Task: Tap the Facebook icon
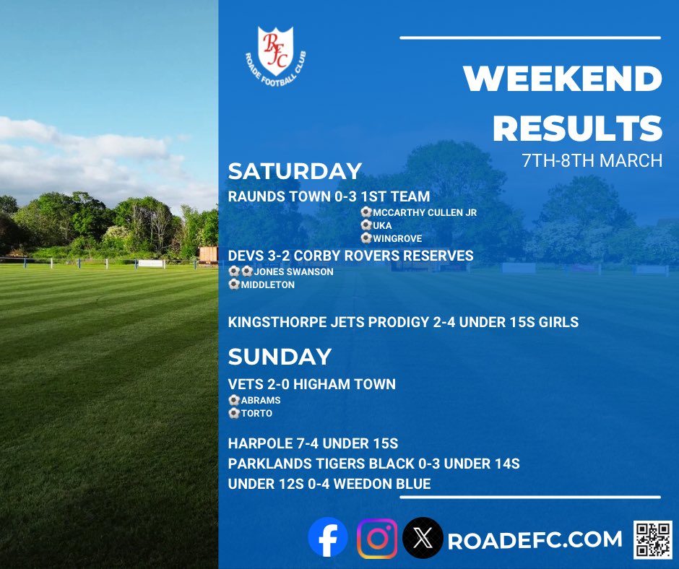point(327,539)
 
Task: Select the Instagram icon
point(377,539)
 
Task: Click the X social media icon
point(423,539)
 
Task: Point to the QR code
point(652,539)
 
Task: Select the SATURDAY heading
point(295,171)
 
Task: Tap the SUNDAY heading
point(280,357)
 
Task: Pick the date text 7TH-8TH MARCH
point(592,160)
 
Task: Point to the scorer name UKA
point(383,225)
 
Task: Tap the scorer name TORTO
point(257,414)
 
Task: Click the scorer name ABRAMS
point(261,400)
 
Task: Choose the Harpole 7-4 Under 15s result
point(313,443)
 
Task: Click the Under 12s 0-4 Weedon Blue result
point(329,484)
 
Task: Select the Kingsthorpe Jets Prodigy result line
point(403,322)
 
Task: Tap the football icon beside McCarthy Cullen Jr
point(366,213)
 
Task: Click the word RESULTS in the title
point(577,129)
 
